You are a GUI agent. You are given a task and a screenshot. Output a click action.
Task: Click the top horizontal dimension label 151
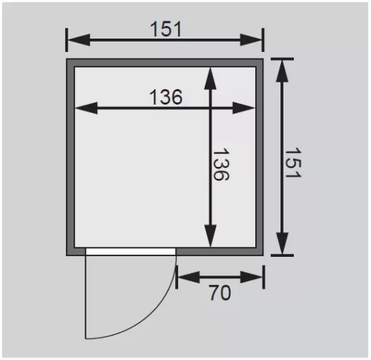(166, 29)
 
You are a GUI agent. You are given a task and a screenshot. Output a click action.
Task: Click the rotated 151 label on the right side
(293, 163)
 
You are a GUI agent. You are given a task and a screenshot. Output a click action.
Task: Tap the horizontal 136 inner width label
(166, 96)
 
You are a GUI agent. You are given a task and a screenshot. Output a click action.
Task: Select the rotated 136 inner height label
(221, 164)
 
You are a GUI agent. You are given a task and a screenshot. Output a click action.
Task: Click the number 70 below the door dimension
(220, 292)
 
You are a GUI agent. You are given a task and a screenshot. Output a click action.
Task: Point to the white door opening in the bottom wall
(131, 252)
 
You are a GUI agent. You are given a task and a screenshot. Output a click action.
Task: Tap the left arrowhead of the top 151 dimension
(79, 39)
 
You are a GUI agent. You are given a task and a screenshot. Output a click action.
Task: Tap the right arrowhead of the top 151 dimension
(251, 39)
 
